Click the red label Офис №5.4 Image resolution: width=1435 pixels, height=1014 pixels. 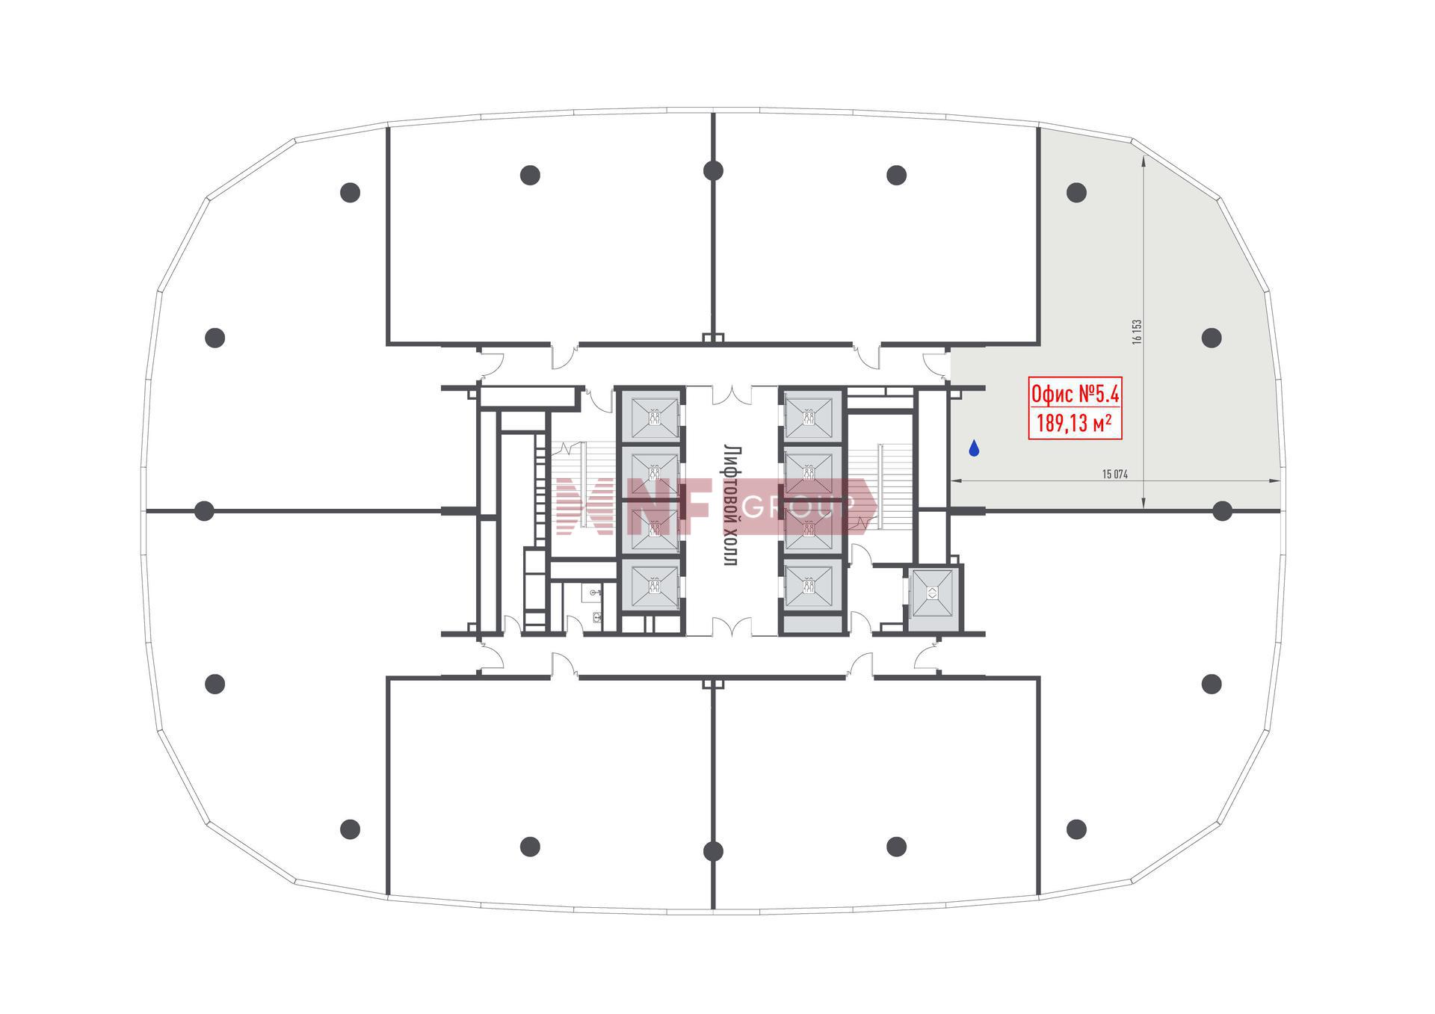tap(1075, 393)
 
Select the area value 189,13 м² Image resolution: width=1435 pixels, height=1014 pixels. tap(1074, 424)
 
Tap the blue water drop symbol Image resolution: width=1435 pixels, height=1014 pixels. tap(974, 448)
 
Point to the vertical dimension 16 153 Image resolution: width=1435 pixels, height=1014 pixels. tap(1137, 331)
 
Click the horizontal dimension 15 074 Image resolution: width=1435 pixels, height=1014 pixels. tap(1115, 474)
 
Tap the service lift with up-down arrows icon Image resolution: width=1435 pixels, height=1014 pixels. tap(933, 594)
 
